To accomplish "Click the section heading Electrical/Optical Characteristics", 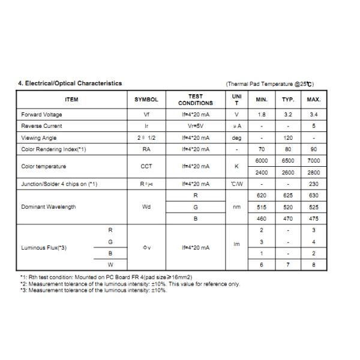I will [x=70, y=83].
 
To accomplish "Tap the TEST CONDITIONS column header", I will [x=196, y=100].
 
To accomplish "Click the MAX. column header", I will [x=314, y=100].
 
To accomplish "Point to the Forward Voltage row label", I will [x=41, y=115].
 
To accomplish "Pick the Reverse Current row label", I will [x=41, y=126].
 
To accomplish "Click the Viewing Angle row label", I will [x=39, y=138].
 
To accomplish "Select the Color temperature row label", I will [x=44, y=166].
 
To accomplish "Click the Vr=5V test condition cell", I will [x=196, y=126].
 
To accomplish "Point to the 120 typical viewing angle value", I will [x=288, y=138].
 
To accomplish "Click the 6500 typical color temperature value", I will [x=288, y=161].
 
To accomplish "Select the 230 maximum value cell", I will [x=314, y=184].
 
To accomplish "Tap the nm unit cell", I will [x=236, y=207].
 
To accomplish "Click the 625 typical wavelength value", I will [x=288, y=196].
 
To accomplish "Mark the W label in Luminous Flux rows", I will [x=110, y=265].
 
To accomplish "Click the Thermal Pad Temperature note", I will [x=269, y=84].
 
